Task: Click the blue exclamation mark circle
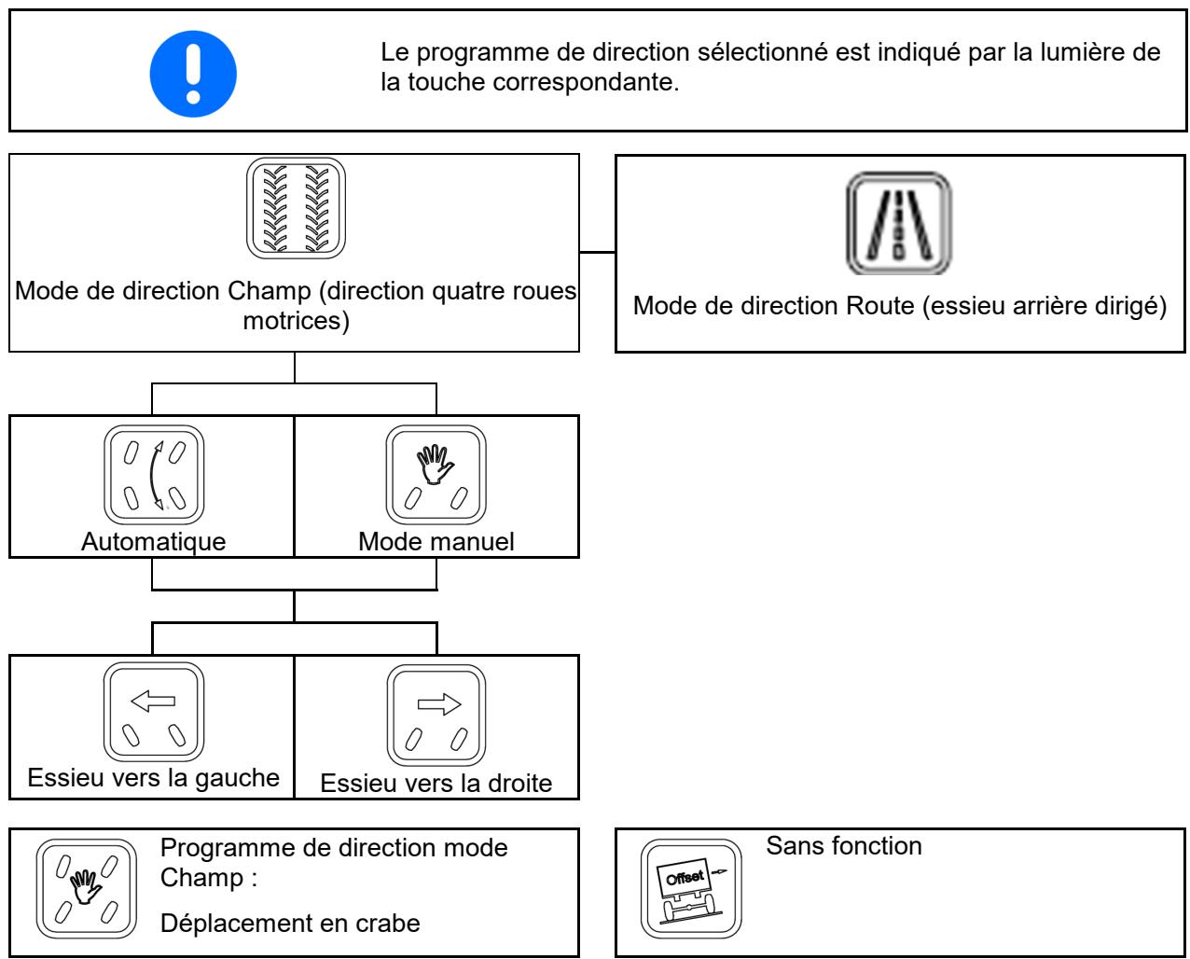[x=193, y=74]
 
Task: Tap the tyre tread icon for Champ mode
[x=296, y=208]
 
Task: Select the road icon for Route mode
[x=899, y=223]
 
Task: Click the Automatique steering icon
[x=154, y=475]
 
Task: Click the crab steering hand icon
[x=86, y=889]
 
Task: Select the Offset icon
[x=691, y=889]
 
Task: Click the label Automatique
[x=154, y=541]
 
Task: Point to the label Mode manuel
[x=436, y=541]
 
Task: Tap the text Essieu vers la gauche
[x=154, y=778]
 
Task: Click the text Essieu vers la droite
[x=436, y=784]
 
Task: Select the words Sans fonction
[x=844, y=846]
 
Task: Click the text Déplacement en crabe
[x=290, y=924]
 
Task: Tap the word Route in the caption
[x=880, y=306]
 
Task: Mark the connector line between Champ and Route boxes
[x=597, y=252]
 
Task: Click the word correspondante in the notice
[x=586, y=82]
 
